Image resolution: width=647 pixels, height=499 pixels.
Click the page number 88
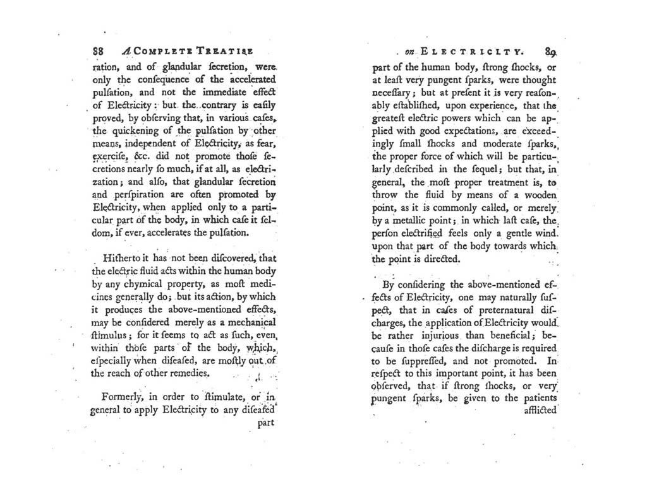98,51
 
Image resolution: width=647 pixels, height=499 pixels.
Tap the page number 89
547,52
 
